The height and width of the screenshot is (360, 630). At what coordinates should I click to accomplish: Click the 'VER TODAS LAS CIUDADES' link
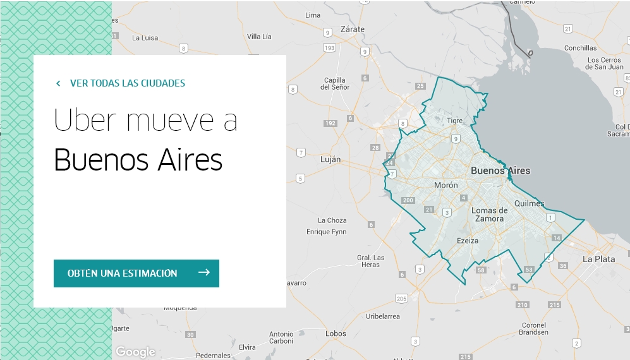127,83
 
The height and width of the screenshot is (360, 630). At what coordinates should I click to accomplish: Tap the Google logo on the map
135,352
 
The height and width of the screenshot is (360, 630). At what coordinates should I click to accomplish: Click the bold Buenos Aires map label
500,171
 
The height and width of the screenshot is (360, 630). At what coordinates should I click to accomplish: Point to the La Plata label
598,259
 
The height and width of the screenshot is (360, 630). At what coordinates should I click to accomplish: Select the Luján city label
330,160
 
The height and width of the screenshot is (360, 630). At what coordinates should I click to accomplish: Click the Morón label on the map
446,185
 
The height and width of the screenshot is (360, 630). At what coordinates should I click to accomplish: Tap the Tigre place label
455,120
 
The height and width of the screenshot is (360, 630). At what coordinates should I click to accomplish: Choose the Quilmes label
530,203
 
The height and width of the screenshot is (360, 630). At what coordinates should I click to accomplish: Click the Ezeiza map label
468,241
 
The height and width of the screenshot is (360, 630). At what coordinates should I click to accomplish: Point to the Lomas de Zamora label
490,214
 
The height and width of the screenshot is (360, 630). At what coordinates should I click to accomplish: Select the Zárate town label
353,29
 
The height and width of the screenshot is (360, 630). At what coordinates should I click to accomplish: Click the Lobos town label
336,333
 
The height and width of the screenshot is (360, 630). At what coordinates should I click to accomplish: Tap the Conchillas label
580,48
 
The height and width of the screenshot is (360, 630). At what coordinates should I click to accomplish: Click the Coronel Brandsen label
534,328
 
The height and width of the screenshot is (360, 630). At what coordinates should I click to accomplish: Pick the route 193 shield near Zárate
329,48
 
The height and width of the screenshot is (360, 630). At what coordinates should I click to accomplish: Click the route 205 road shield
401,298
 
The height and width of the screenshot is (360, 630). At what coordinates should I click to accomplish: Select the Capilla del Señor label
335,83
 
